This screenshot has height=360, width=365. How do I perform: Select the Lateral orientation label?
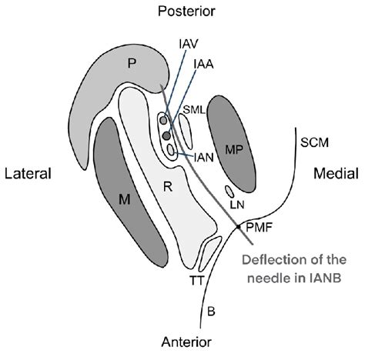click(x=28, y=174)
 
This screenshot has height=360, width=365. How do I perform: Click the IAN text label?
click(x=203, y=156)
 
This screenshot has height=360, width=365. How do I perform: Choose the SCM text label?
click(x=311, y=141)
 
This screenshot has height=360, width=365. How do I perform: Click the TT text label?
click(x=196, y=281)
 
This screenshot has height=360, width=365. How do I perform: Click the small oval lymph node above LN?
click(x=229, y=190)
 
